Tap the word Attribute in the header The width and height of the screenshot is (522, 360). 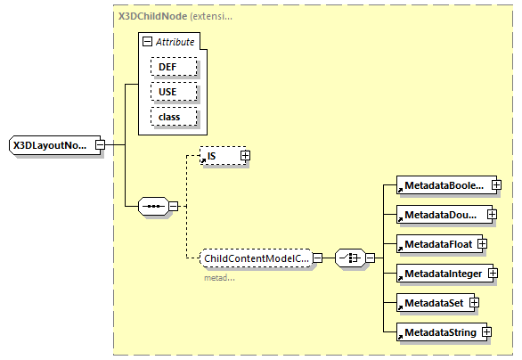click(175, 42)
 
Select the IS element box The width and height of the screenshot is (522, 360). click(219, 156)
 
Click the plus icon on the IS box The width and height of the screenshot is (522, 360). click(245, 156)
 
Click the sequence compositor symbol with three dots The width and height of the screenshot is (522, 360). click(153, 207)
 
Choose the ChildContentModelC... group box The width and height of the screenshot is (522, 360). click(256, 258)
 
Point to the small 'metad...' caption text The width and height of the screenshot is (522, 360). click(219, 277)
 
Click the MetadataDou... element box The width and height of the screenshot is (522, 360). click(440, 215)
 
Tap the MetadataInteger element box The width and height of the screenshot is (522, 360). click(443, 273)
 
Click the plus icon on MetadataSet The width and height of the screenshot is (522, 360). click(475, 302)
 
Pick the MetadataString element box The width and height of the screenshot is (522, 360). click(437, 331)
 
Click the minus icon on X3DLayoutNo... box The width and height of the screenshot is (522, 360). click(100, 145)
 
